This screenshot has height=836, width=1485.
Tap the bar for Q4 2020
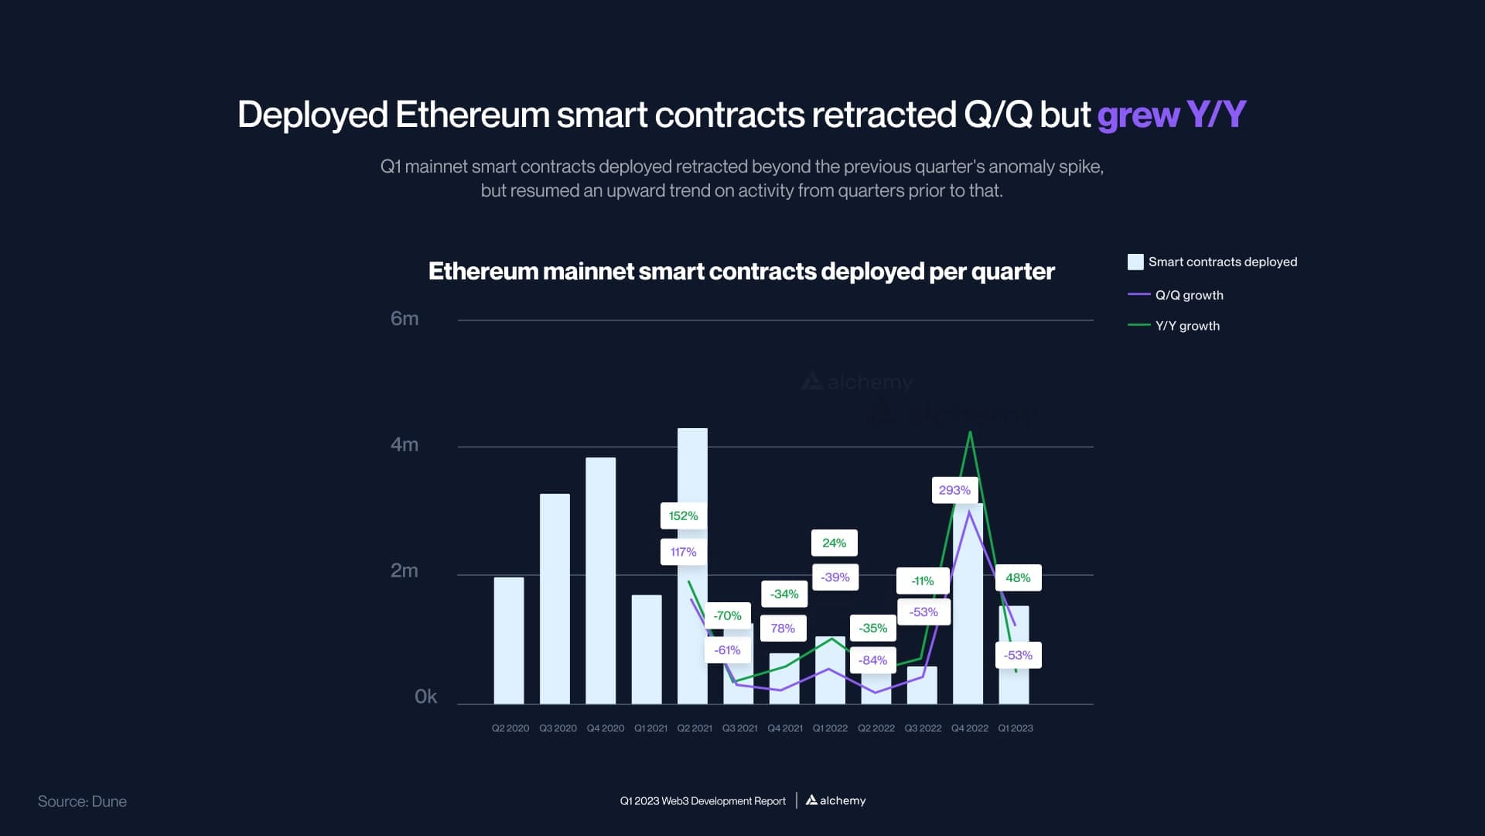(x=600, y=581)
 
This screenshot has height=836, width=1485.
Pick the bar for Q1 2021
(x=647, y=649)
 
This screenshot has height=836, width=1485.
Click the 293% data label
(x=954, y=490)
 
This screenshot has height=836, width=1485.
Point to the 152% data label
(x=683, y=516)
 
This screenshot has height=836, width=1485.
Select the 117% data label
(x=683, y=552)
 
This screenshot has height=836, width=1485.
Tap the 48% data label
(x=1018, y=577)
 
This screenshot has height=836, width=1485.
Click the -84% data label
(x=872, y=660)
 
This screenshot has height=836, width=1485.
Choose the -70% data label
(x=727, y=615)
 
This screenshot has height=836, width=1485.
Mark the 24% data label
(x=834, y=543)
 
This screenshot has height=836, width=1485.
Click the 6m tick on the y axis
(x=405, y=319)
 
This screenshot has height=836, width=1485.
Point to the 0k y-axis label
(x=425, y=697)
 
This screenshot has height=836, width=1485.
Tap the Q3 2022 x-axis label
(x=923, y=728)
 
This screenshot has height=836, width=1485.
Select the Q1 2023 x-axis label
(x=1016, y=728)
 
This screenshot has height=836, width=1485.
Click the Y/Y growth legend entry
(x=1186, y=326)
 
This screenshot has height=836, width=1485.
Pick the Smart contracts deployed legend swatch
(x=1135, y=262)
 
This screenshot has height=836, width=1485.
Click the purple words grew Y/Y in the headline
(x=1171, y=115)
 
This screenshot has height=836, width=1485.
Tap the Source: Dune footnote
(x=82, y=801)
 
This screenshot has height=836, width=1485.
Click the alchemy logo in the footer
(x=835, y=800)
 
